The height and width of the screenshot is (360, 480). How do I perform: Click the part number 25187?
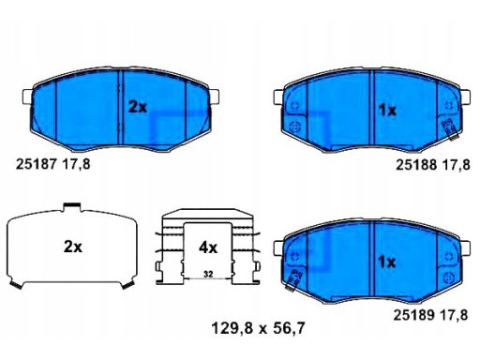36,164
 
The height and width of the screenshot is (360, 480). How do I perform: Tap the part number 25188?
416,164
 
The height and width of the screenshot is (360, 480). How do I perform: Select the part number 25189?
413,315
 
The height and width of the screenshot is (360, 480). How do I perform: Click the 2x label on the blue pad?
138,107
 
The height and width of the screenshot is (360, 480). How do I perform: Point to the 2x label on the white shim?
73,247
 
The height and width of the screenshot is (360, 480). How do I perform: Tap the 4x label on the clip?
208,247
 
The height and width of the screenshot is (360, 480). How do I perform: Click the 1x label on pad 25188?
387,111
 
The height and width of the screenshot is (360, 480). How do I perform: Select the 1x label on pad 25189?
387,262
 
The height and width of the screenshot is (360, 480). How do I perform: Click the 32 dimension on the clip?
208,274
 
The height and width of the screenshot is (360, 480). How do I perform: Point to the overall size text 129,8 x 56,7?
258,328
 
